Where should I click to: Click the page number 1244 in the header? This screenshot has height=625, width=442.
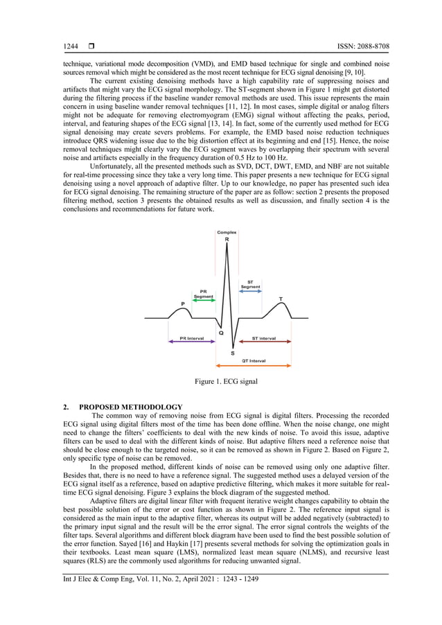[71, 46]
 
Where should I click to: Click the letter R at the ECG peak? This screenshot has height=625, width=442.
[227, 239]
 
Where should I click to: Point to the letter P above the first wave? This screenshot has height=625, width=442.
[183, 303]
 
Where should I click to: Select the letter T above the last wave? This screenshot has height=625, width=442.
[281, 299]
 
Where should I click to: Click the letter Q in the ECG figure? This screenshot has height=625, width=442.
[221, 333]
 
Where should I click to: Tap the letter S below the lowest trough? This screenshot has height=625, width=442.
[232, 353]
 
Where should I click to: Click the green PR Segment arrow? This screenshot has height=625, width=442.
[203, 301]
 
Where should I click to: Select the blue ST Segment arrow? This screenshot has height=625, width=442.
[250, 292]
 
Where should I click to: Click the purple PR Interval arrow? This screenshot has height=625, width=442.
[191, 342]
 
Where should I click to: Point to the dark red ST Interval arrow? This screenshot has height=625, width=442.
[263, 342]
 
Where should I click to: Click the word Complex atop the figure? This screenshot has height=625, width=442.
[227, 232]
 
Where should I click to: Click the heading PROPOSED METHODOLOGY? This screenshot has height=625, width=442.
[131, 407]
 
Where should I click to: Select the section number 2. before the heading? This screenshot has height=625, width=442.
[67, 407]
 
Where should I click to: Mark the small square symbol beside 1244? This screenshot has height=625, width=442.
[91, 46]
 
